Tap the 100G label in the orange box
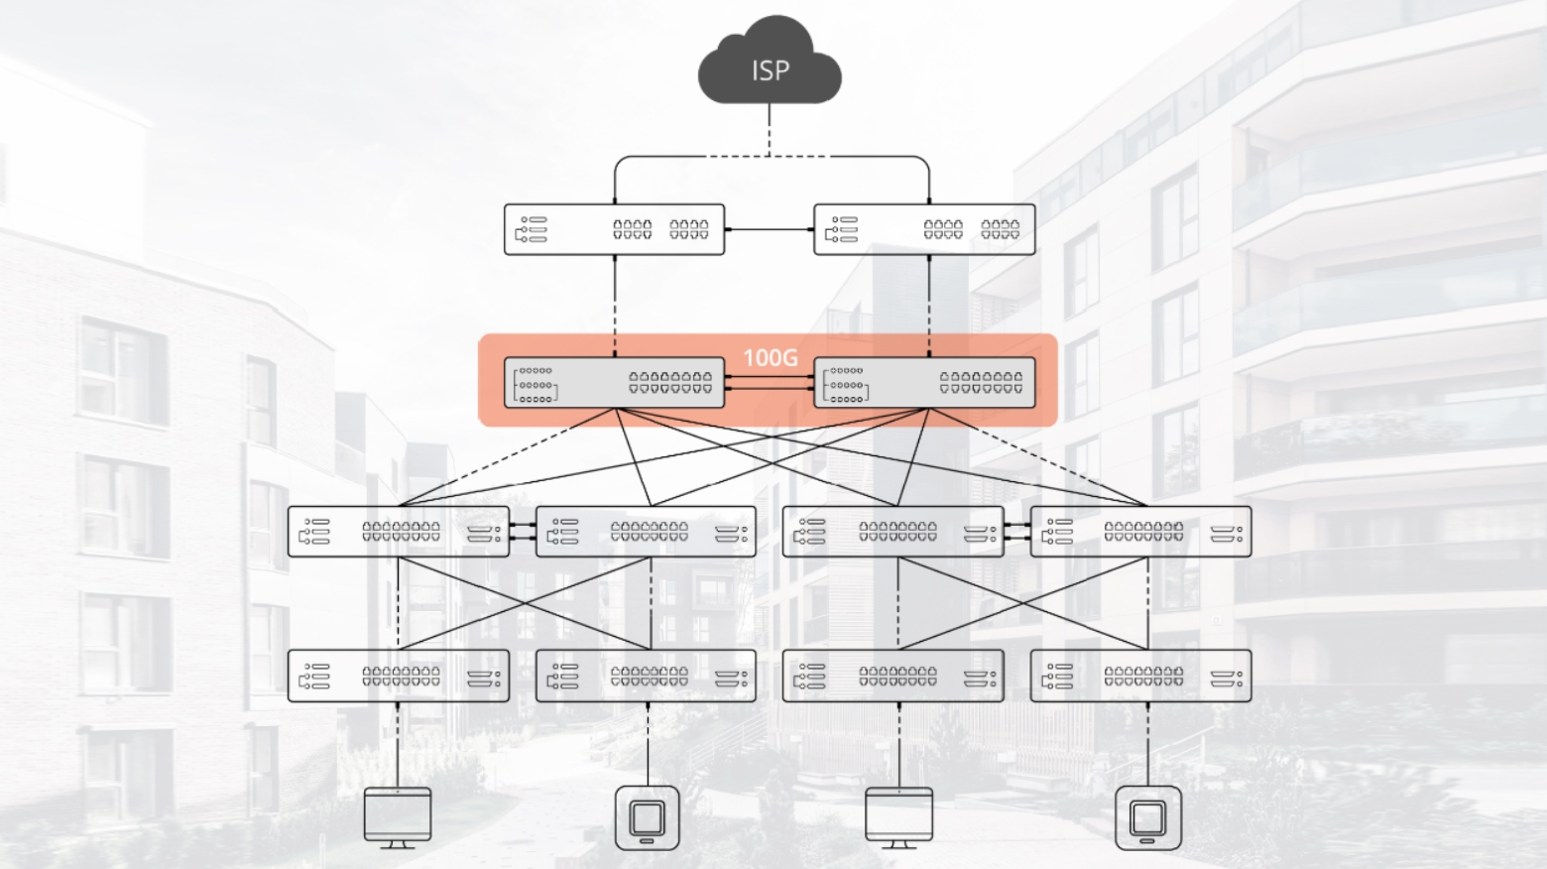click(x=770, y=357)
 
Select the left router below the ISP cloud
click(x=614, y=229)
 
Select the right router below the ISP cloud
click(x=924, y=229)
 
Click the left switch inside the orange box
click(x=614, y=383)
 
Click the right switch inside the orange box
click(x=924, y=383)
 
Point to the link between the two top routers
click(x=770, y=229)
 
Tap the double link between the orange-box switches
click(x=770, y=383)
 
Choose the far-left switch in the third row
click(x=398, y=532)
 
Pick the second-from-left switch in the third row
click(x=646, y=532)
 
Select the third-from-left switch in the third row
click(x=892, y=532)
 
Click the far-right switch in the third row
click(x=1140, y=532)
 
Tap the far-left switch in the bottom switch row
click(x=398, y=677)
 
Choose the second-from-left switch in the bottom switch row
click(x=646, y=677)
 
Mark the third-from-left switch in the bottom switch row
click(x=892, y=677)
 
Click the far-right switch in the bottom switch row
click(x=1140, y=677)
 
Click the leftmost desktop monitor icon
click(x=398, y=816)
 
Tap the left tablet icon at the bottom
click(x=647, y=818)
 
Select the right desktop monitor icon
click(x=898, y=816)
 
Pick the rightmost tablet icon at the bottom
click(x=1147, y=818)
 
